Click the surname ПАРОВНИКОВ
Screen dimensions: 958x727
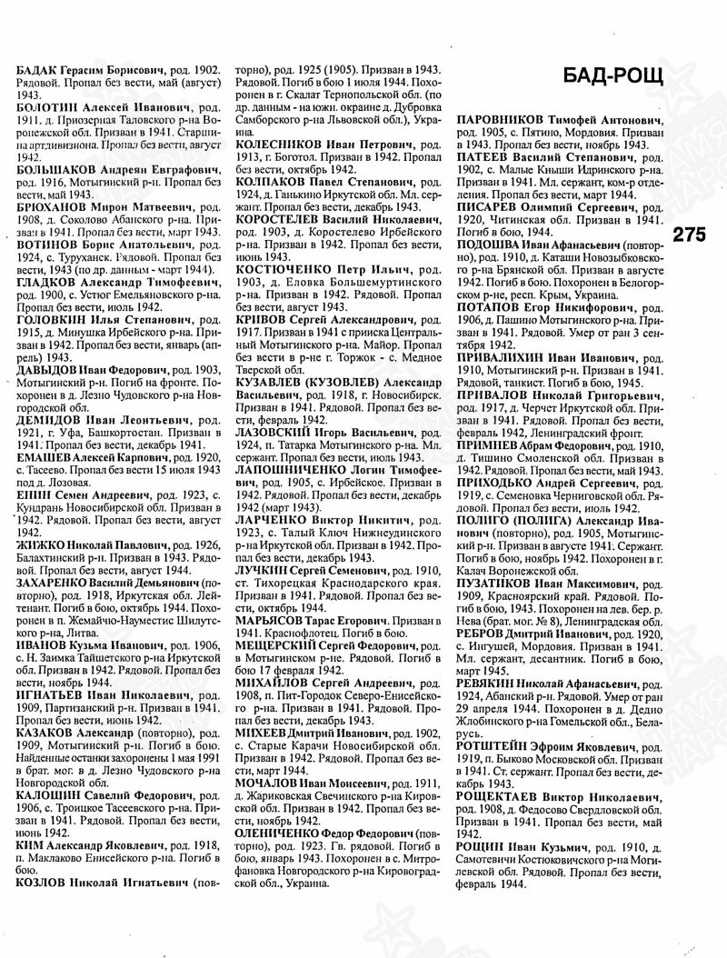click(504, 120)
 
